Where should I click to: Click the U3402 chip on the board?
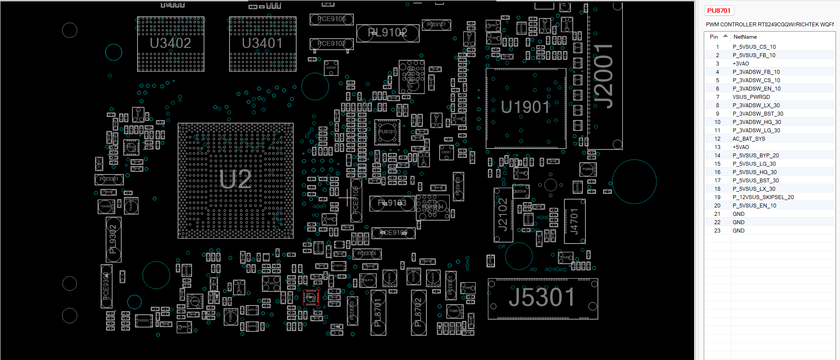171,44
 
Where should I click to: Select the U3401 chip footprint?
262,44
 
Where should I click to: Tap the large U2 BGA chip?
236,181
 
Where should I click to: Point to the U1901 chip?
526,108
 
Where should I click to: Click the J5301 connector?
542,298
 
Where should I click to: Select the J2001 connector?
604,76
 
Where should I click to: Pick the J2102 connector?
503,215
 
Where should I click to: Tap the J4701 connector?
575,221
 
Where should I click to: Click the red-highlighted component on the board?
311,298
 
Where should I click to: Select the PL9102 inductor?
387,33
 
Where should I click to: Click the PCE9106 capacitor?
331,19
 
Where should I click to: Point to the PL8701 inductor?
378,312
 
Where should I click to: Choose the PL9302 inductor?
113,240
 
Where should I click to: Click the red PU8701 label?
719,11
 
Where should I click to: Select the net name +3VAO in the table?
741,64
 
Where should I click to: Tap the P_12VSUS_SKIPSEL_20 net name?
763,197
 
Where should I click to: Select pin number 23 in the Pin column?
717,231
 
